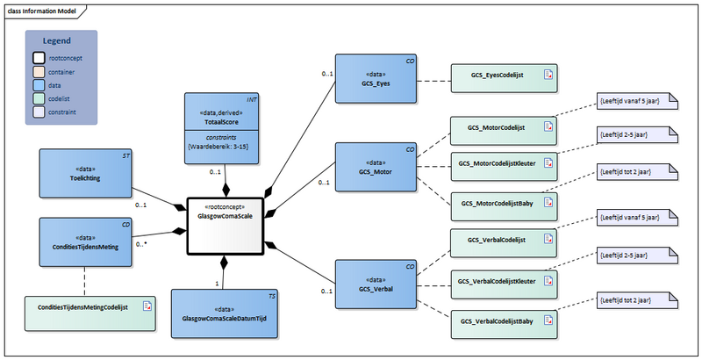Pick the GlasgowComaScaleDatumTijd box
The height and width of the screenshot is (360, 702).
pos(225,313)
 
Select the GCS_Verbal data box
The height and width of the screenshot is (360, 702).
pos(376,284)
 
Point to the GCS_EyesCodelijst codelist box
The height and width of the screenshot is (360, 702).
pos(504,77)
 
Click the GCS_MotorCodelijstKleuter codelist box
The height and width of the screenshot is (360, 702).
pos(504,164)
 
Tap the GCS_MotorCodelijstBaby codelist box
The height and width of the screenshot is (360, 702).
pos(504,203)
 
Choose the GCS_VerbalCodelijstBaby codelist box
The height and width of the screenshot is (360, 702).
pos(504,322)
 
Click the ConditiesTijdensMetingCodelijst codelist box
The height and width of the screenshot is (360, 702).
pos(90,307)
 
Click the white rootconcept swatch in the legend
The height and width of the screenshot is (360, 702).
pos(39,57)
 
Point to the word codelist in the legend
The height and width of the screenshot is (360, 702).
pos(62,99)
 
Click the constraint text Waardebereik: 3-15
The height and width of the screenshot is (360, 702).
pos(222,146)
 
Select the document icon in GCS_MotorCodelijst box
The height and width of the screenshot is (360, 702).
pos(548,127)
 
